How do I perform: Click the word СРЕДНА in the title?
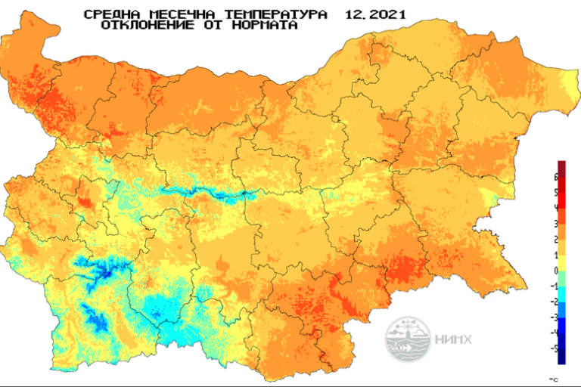click(x=109, y=14)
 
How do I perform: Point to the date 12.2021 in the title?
click(x=374, y=14)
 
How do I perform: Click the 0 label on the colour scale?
click(x=556, y=271)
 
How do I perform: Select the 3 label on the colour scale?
click(x=556, y=224)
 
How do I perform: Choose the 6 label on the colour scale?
click(x=556, y=177)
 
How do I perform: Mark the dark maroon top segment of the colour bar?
click(x=561, y=169)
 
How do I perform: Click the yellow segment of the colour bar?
click(x=561, y=262)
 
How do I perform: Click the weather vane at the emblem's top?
click(x=408, y=325)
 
